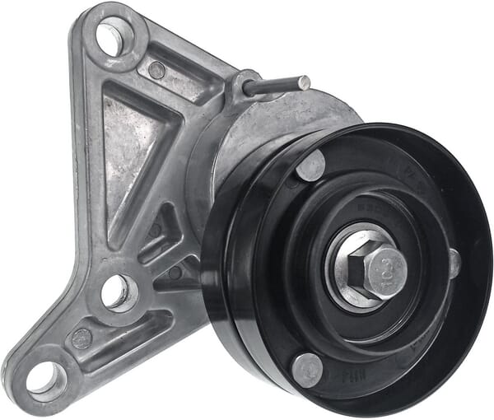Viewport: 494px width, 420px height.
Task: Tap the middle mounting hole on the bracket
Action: click(116, 290)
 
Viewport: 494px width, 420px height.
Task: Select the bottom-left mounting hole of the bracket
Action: click(44, 377)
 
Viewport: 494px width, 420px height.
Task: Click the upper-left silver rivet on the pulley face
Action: click(311, 166)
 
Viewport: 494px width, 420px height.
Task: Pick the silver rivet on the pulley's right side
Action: click(454, 264)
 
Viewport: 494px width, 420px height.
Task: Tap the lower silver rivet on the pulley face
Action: click(307, 369)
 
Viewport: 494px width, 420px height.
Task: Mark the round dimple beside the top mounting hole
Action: click(156, 71)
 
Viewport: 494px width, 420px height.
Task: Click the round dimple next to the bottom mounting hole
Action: click(82, 338)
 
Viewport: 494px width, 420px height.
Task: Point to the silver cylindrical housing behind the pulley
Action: click(247, 140)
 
